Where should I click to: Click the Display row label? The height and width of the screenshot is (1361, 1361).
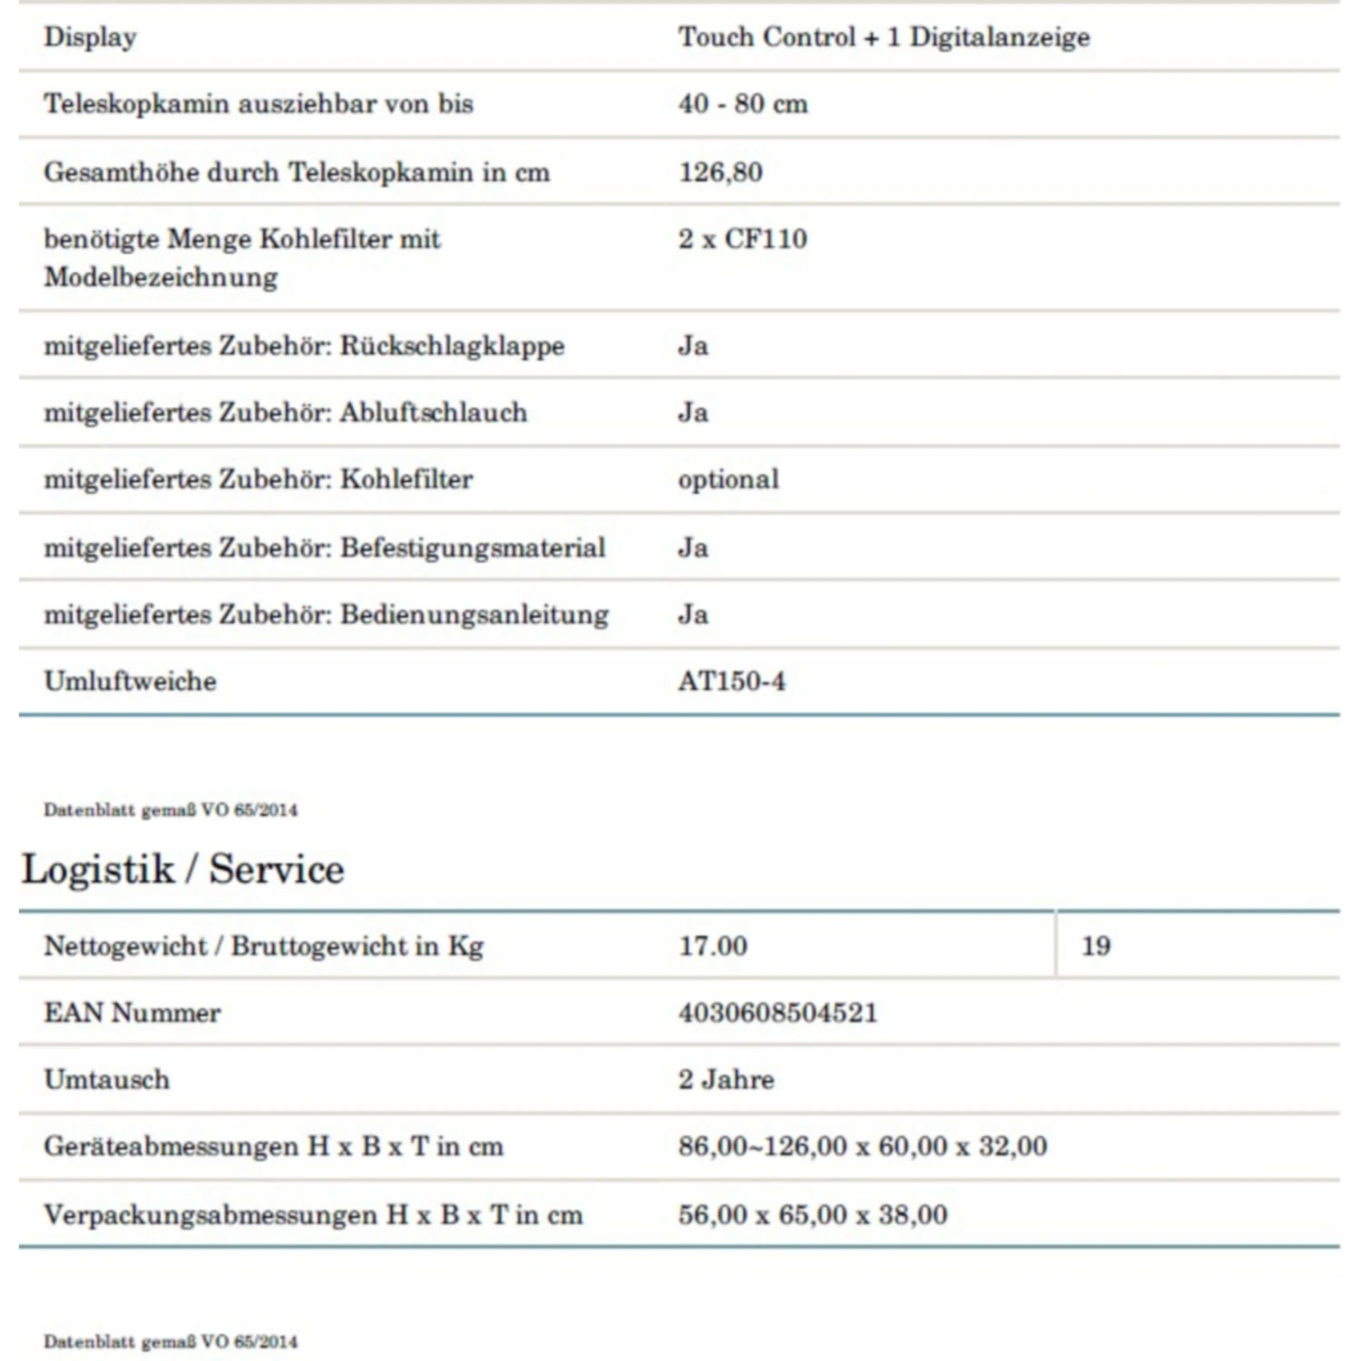(91, 37)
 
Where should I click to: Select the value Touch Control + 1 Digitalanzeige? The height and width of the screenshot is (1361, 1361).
(884, 37)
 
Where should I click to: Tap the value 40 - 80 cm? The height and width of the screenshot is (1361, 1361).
(743, 103)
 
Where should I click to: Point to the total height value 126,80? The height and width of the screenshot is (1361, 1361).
(720, 171)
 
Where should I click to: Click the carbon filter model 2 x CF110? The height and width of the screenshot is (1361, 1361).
(742, 239)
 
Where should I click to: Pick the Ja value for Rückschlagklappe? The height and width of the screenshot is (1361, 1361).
(693, 346)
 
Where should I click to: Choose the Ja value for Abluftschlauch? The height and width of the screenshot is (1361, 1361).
(693, 413)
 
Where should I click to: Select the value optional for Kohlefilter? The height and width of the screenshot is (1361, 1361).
(729, 479)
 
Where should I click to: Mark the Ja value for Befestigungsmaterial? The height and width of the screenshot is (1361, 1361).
(693, 547)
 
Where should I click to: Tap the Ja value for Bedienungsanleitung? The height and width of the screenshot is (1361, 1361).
(693, 614)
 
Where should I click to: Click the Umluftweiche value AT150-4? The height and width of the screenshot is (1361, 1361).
(731, 681)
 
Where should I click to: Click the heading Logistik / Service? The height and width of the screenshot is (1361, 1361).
(183, 869)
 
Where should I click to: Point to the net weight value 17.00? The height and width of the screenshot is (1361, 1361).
(713, 945)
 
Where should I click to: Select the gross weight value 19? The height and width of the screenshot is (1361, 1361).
(1096, 945)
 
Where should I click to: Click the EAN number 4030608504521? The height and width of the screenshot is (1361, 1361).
(778, 1013)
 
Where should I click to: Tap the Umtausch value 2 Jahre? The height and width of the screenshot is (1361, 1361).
(726, 1080)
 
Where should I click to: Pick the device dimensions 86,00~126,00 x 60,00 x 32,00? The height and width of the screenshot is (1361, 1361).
(862, 1147)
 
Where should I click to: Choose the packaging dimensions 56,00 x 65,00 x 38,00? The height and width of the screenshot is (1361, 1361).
(812, 1215)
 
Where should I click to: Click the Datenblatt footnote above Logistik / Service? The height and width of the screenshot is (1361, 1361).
(171, 810)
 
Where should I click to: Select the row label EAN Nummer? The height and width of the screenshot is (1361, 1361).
(132, 1013)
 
